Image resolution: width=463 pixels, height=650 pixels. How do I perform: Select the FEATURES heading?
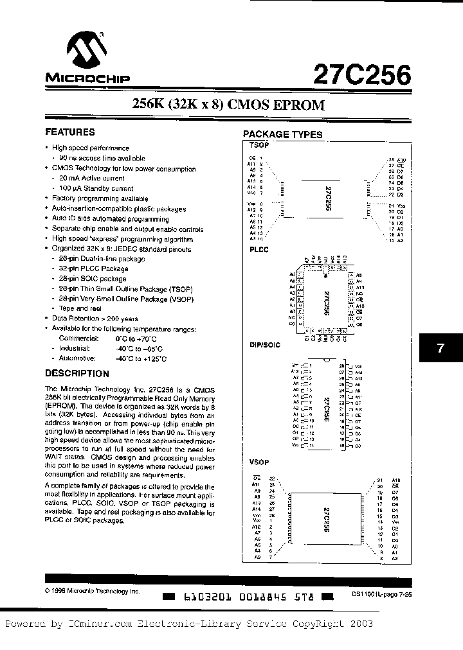[69, 132]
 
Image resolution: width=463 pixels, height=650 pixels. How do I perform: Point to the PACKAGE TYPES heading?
[282, 134]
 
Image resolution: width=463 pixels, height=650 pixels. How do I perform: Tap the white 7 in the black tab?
[440, 348]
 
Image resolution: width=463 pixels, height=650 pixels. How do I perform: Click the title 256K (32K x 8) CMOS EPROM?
[228, 104]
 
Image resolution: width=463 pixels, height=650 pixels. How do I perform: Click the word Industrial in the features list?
[75, 347]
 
